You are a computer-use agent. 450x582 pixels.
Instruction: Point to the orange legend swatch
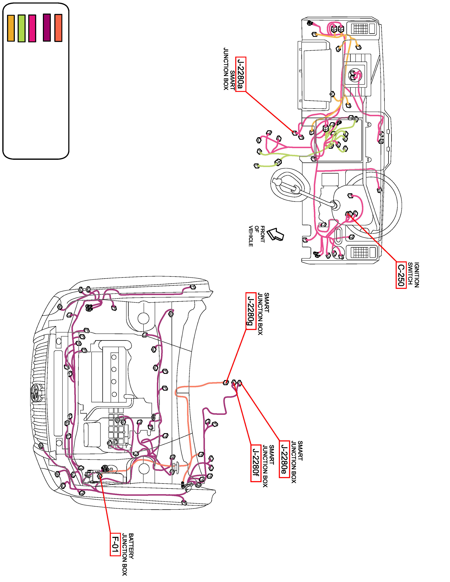(x=11, y=28)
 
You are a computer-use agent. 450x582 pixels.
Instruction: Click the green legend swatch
(x=22, y=28)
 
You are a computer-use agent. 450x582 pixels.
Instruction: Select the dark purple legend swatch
(x=47, y=27)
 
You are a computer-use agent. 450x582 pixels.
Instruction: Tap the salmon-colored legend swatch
(x=58, y=28)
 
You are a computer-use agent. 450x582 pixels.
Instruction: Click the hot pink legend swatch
(x=32, y=28)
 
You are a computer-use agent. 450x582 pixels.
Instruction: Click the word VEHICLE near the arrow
(x=251, y=236)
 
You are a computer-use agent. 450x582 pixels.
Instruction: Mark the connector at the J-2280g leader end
(x=226, y=382)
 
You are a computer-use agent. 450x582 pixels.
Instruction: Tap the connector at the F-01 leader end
(x=100, y=476)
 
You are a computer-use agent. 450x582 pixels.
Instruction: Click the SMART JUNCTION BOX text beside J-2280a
(x=229, y=69)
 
